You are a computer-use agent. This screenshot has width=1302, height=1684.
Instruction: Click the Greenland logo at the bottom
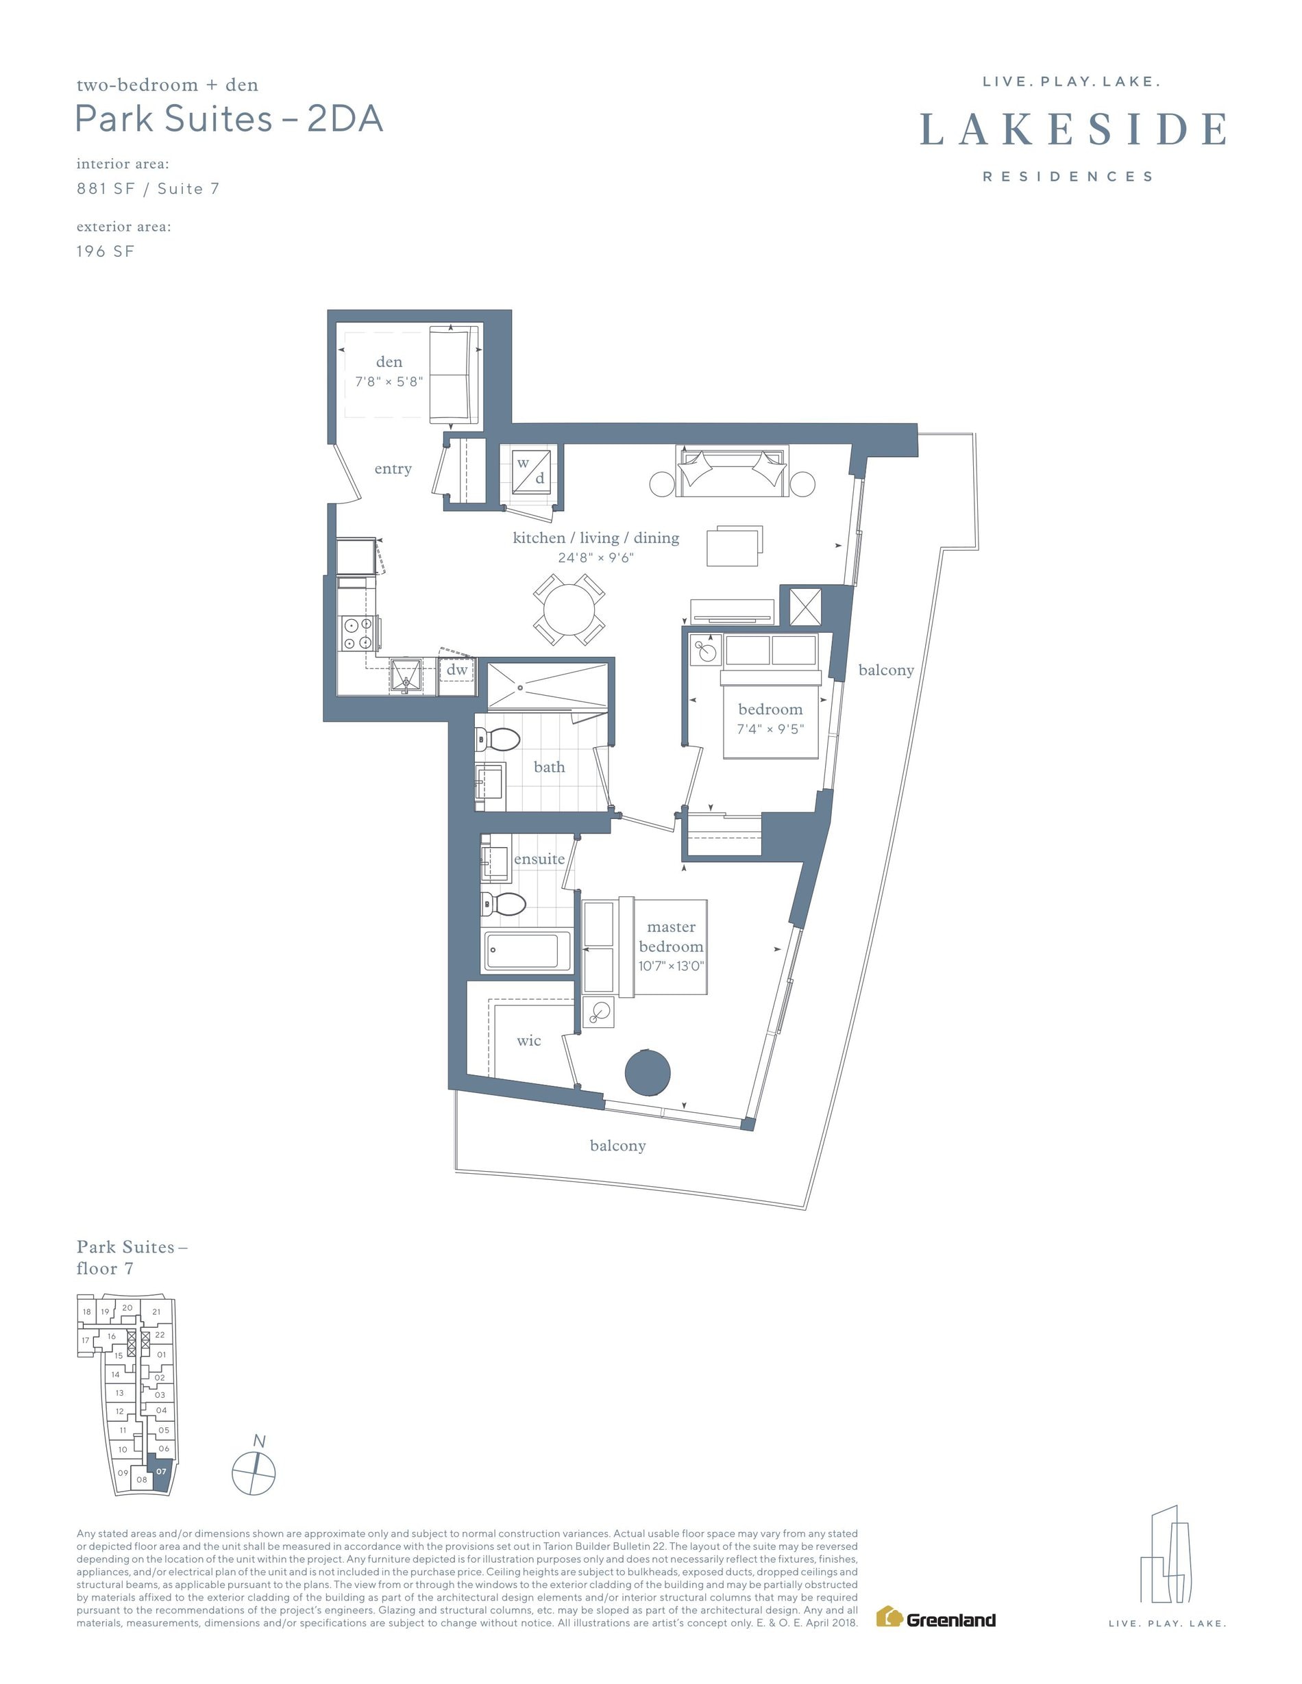pos(935,1617)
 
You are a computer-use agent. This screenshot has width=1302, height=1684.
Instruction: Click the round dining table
pos(569,609)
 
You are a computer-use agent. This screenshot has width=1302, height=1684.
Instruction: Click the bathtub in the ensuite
pos(522,951)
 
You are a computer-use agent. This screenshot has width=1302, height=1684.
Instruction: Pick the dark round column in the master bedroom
pos(647,1072)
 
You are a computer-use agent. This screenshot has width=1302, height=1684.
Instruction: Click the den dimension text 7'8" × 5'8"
pos(389,381)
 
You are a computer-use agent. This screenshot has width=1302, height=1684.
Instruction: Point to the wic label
pos(529,1041)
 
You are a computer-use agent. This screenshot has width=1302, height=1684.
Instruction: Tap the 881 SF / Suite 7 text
pos(148,188)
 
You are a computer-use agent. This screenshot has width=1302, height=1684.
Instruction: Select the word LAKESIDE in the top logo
pos(1073,129)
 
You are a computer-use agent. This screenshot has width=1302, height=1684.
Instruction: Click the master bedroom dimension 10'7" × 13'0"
pos(671,966)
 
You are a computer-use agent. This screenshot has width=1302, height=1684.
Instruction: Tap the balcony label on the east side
pos(886,670)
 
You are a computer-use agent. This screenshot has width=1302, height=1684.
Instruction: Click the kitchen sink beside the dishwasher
pos(406,675)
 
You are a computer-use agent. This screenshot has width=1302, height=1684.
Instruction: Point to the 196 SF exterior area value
pos(106,251)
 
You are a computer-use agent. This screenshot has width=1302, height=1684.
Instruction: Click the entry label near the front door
pos(393,469)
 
